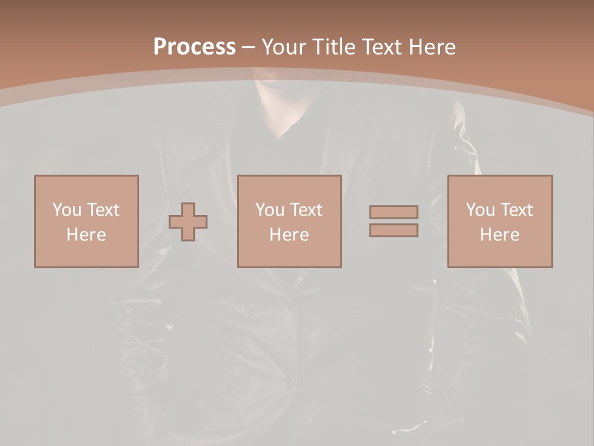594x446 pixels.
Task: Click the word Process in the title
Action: [194, 46]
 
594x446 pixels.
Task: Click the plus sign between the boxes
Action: [188, 221]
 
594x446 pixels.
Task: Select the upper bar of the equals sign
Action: [394, 212]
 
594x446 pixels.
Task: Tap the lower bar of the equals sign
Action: [394, 230]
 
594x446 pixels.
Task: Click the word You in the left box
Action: [67, 209]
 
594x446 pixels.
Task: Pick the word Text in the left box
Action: [102, 209]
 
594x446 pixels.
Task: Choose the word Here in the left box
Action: [86, 235]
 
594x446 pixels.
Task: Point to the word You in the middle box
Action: [270, 209]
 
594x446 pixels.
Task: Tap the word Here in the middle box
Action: [289, 235]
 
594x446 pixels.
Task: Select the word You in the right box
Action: [480, 209]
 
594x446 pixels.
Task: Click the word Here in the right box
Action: [499, 235]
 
